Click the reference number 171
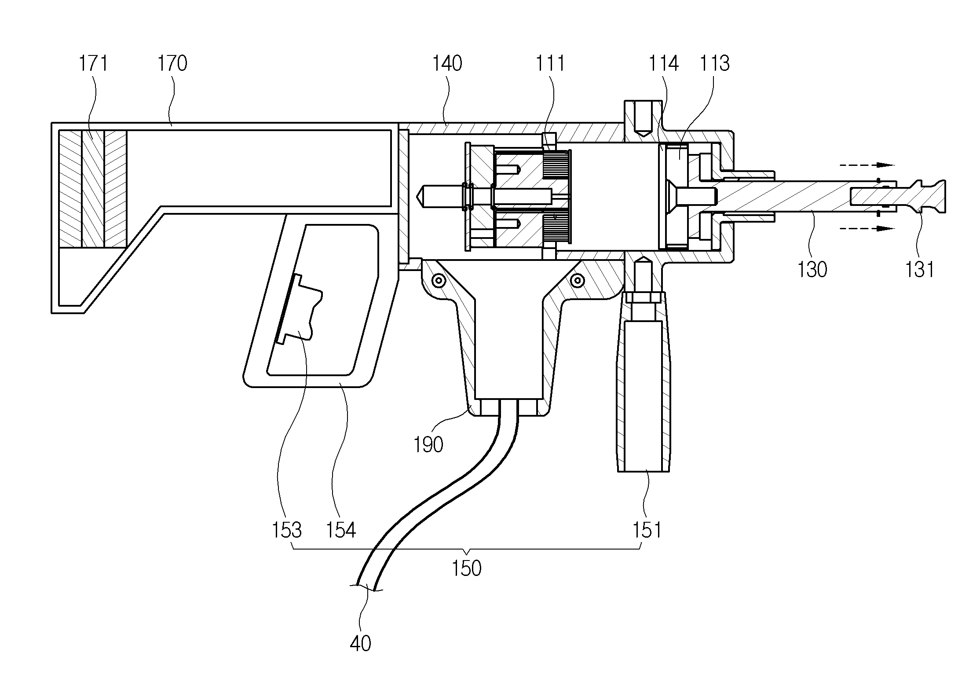tap(93, 63)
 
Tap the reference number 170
tap(172, 63)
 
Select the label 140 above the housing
tap(447, 63)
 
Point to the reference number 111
tap(550, 63)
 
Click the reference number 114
tap(664, 63)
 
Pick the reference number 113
tap(715, 63)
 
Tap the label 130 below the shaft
tap(812, 269)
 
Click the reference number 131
tap(920, 269)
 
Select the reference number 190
tap(428, 445)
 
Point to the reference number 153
tap(287, 530)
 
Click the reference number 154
tap(340, 530)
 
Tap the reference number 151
tap(647, 530)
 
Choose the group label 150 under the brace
tap(467, 568)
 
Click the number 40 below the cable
tap(361, 644)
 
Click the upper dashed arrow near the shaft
tap(867, 165)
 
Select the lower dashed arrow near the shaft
tap(867, 229)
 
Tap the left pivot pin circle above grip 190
tap(438, 280)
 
